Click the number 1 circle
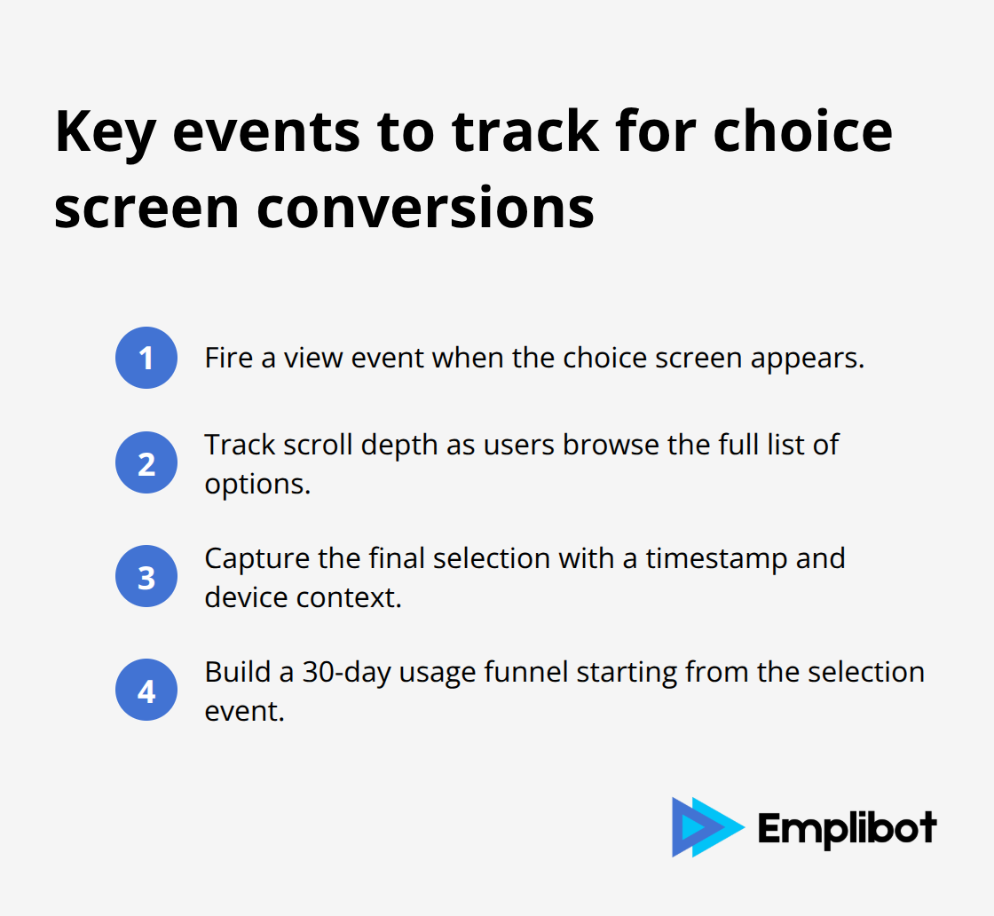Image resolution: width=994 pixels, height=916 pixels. click(146, 358)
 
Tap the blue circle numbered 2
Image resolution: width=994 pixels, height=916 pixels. click(146, 462)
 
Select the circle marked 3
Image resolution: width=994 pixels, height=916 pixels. click(146, 576)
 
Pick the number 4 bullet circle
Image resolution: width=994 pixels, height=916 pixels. click(146, 690)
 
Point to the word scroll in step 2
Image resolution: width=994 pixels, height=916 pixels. click(313, 444)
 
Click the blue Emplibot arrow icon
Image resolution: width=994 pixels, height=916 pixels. click(706, 826)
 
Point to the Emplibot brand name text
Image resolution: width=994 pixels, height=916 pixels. click(847, 828)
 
